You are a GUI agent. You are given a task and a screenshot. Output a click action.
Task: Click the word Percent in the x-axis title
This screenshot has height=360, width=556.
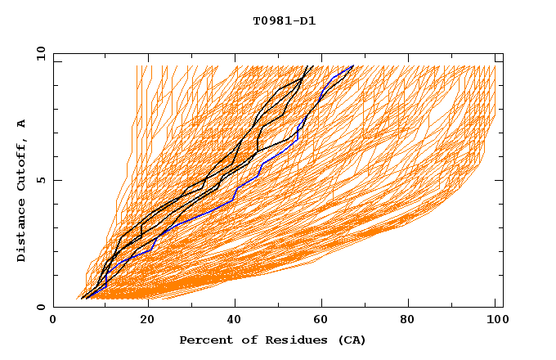click(x=204, y=340)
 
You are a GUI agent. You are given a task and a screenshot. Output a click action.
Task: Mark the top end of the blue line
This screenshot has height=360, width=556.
click(x=353, y=66)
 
